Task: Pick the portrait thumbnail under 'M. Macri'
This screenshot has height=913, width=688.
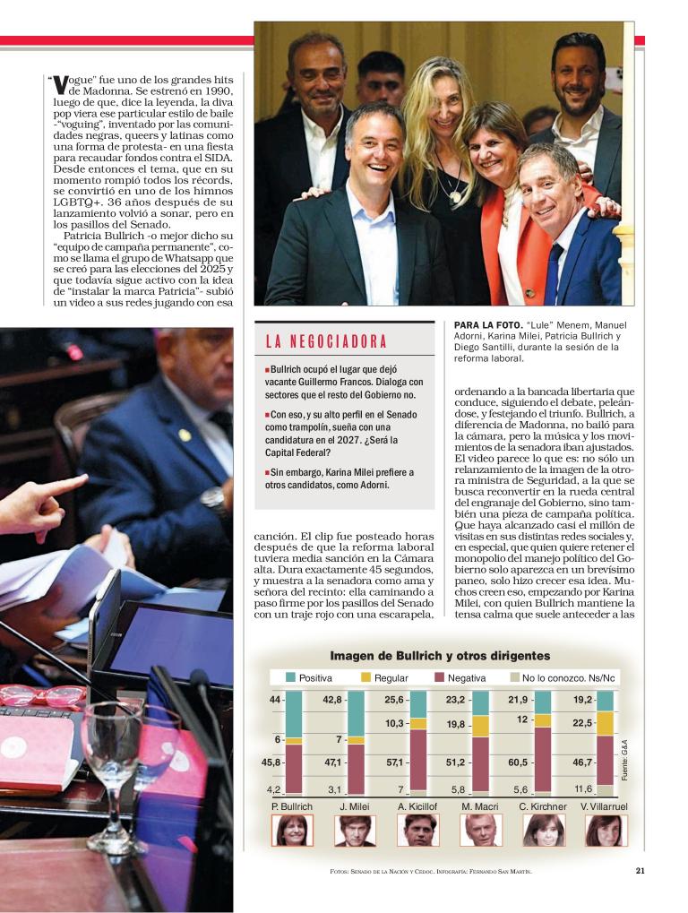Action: coord(479,831)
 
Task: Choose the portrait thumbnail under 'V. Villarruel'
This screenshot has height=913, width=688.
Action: coord(606,831)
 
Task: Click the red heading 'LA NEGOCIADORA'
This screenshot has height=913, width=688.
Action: coord(326,341)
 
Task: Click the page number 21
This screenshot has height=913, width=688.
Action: coord(640,869)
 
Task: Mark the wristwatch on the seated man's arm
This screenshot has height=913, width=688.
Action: coord(213,499)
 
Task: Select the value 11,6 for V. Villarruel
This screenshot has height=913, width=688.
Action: coord(582,788)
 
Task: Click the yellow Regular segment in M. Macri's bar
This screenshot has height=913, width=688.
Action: coord(480,726)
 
